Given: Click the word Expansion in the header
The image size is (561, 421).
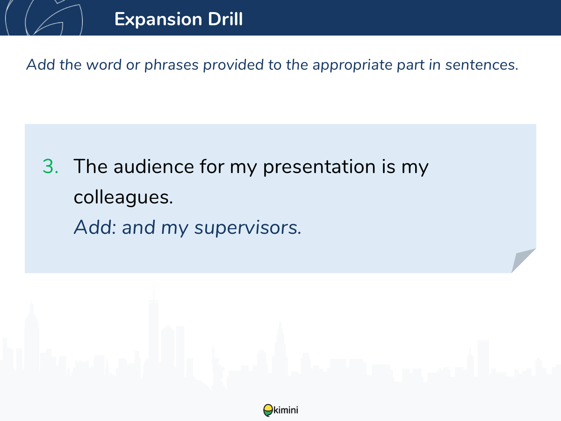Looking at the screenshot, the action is [x=158, y=20].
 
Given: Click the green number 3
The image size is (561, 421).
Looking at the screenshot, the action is [x=50, y=167].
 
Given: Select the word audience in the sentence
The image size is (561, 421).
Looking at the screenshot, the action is [x=154, y=167].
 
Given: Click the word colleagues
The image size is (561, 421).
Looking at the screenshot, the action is [x=123, y=197].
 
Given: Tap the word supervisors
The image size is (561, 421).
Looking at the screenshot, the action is [x=248, y=228].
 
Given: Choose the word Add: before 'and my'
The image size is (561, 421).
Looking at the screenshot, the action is [x=95, y=227].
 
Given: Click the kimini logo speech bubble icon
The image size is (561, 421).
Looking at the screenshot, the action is [x=268, y=410].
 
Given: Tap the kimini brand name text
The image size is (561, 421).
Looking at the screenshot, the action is [x=286, y=410].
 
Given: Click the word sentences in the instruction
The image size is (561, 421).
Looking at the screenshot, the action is [x=482, y=65].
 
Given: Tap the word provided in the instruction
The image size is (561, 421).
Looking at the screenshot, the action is [x=233, y=65].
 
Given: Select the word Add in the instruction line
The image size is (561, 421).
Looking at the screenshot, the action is [x=41, y=65].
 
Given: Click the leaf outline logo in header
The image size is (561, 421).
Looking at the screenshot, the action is [x=44, y=18].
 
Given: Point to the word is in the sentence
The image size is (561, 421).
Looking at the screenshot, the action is [x=388, y=167].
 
